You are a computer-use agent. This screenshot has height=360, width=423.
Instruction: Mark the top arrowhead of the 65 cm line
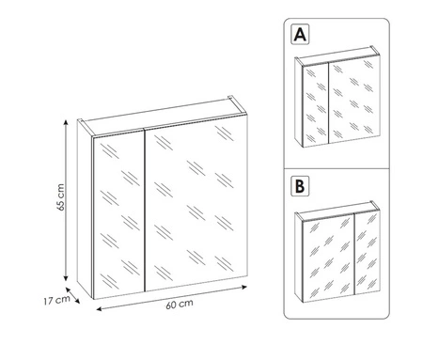tap(65, 122)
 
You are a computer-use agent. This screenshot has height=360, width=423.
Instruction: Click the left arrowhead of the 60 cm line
tap(98, 307)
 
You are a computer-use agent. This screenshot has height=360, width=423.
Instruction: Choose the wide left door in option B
tap(325, 256)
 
